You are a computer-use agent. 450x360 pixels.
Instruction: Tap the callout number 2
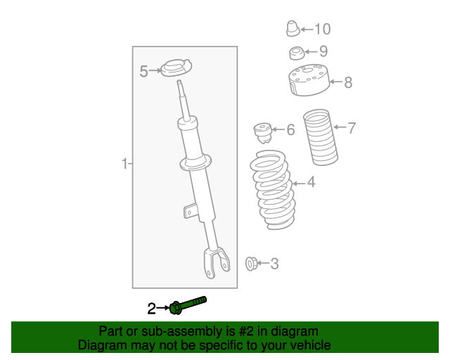coord(151,308)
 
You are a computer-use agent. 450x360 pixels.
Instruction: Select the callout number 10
coord(322,29)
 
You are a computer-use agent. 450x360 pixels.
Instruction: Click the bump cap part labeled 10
coord(292,29)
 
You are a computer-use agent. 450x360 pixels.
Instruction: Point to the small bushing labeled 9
coord(297,52)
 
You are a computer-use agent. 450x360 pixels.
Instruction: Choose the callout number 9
coord(323,51)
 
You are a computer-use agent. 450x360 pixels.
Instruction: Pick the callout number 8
coord(348,83)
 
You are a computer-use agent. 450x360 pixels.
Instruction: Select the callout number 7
coord(352,127)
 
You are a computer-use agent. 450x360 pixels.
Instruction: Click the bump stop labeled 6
coord(262,131)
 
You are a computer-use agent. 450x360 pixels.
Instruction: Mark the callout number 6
coord(290,129)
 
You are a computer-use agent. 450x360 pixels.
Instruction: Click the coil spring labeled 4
coord(272,191)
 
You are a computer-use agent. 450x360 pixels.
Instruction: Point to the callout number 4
coord(311,183)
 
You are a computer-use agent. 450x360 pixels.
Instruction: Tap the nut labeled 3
coord(250,264)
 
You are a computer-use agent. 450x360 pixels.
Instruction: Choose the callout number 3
coord(274,264)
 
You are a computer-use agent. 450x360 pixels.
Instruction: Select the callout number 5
coord(143,71)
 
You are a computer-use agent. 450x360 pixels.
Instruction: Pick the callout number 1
coord(124,165)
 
